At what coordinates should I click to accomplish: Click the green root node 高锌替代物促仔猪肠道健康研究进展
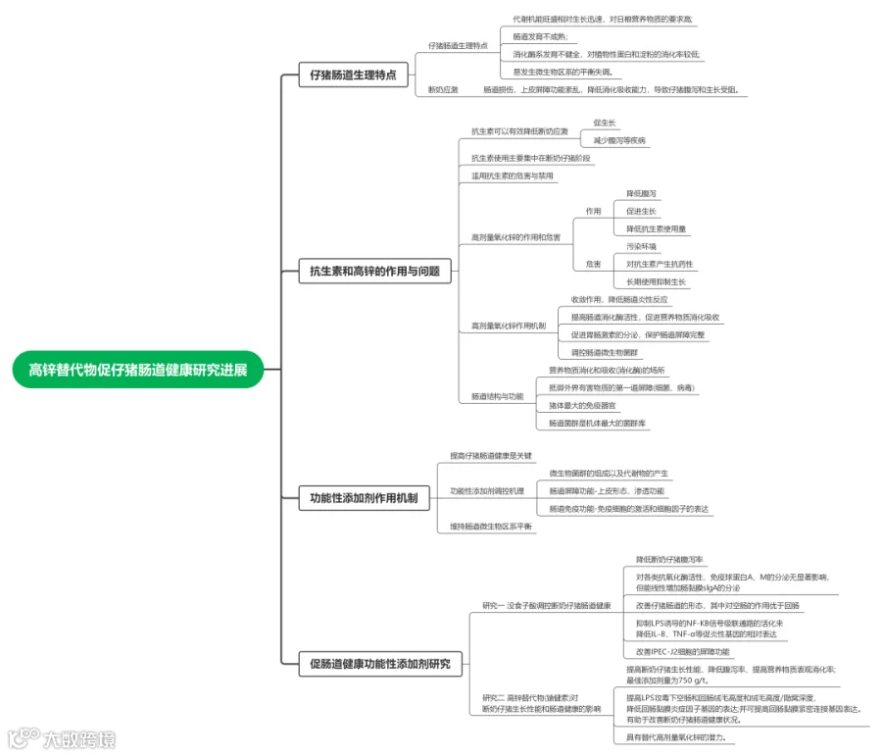point(138,370)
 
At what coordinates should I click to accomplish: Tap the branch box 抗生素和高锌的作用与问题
point(374,272)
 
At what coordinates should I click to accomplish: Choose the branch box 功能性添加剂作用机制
point(363,498)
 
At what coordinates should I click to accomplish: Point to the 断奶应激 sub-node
point(443,90)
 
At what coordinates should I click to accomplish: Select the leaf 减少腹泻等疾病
point(619,141)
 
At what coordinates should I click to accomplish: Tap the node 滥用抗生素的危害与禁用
point(513,176)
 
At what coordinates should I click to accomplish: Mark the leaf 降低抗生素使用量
point(657,228)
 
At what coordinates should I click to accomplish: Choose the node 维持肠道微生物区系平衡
point(491,527)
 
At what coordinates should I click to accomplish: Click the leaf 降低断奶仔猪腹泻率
point(669,559)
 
